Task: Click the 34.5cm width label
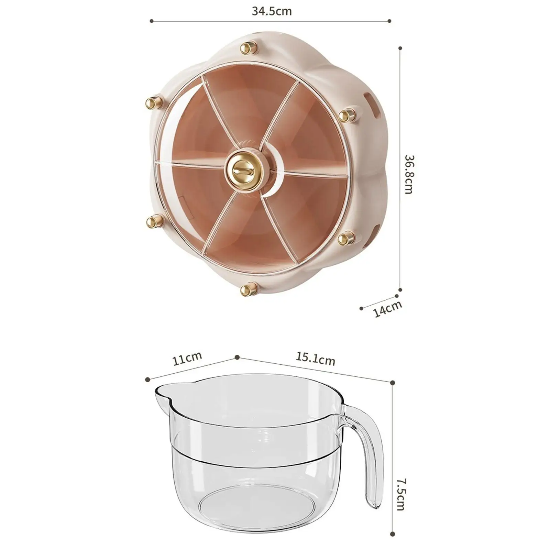click(272, 11)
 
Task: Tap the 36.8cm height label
click(409, 174)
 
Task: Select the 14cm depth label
click(388, 309)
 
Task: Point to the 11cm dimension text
click(187, 359)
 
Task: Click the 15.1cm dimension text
click(315, 359)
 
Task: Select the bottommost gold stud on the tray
click(249, 288)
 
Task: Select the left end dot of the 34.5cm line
click(152, 21)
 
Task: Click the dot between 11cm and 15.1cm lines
click(237, 357)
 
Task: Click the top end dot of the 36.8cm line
click(400, 48)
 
